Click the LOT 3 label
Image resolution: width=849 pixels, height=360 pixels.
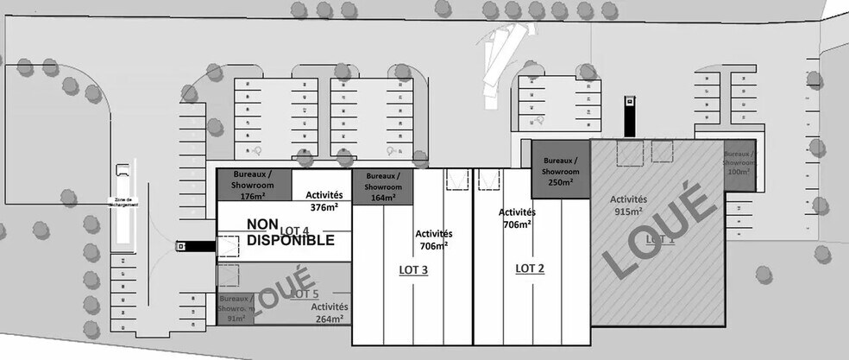(413, 270)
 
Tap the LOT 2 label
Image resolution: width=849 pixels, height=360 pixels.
(530, 268)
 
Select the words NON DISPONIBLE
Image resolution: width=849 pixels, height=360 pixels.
(290, 233)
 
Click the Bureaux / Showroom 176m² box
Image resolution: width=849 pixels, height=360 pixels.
(254, 184)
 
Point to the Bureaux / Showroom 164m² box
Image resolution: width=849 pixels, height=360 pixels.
(383, 186)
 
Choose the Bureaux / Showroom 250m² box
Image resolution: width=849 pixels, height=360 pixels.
(560, 169)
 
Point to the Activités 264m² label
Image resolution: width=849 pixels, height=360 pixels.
(329, 312)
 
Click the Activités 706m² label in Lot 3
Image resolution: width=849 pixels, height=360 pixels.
(433, 239)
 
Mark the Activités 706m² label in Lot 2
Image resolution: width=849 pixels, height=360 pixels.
(516, 218)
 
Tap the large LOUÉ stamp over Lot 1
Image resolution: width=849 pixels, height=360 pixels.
(657, 236)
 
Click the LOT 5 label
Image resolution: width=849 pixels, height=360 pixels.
(305, 294)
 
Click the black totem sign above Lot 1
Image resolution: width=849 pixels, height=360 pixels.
(632, 116)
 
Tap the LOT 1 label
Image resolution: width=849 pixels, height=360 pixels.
(659, 238)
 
